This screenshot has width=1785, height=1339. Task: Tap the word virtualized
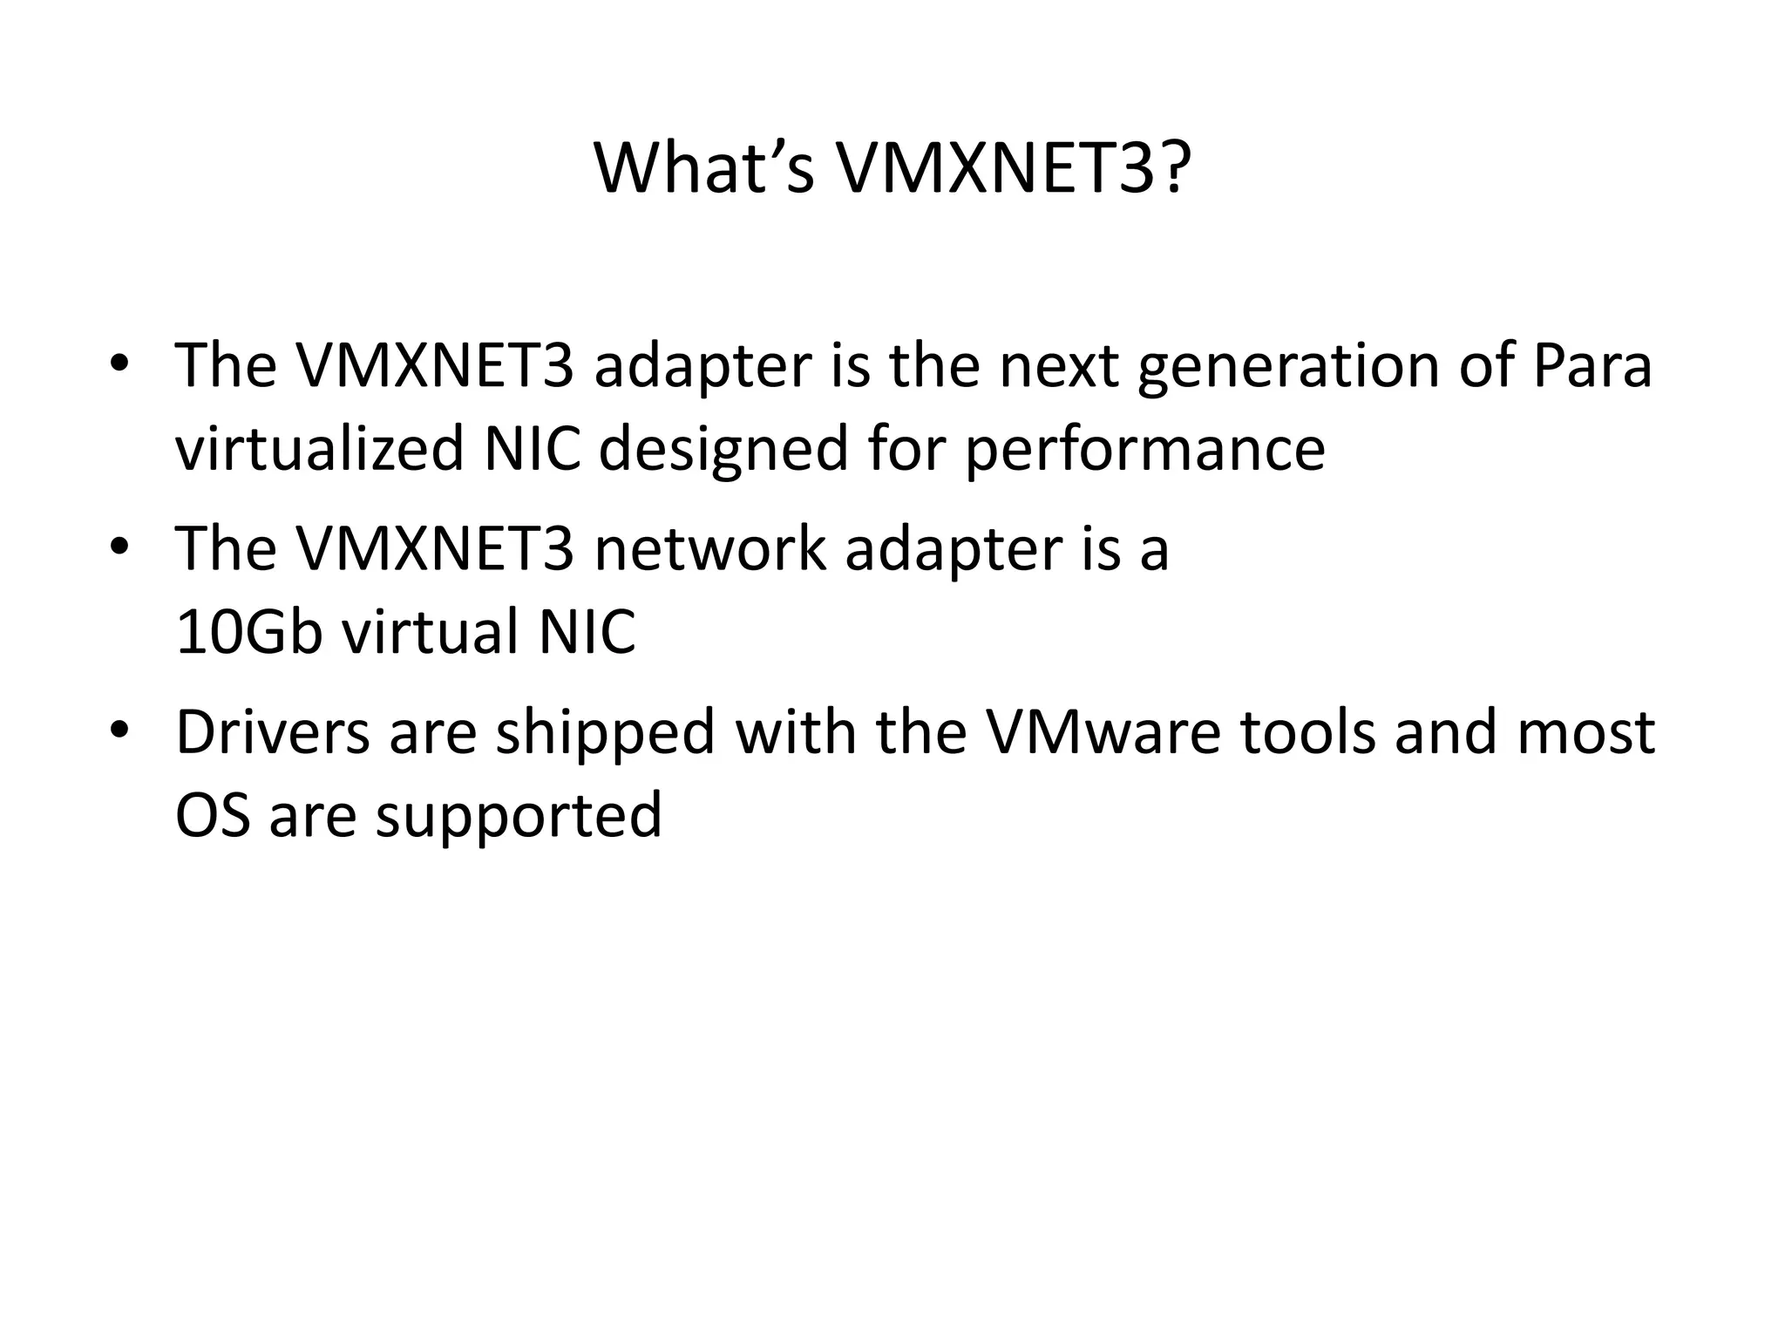319,450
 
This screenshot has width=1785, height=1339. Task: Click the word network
709,549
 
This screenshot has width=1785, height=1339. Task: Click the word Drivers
273,732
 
